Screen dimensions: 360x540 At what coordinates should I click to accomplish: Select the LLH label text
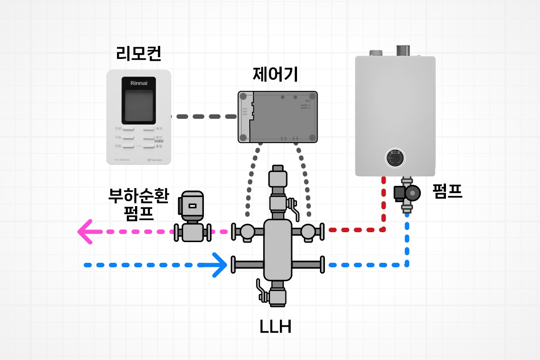pyautogui.click(x=275, y=327)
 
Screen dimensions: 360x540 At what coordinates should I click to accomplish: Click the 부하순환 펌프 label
pyautogui.click(x=138, y=204)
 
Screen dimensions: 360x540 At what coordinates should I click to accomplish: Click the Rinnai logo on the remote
pyautogui.click(x=139, y=83)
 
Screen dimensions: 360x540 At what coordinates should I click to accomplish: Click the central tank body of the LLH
pyautogui.click(x=278, y=250)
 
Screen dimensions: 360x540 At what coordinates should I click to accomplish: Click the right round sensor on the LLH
pyautogui.click(x=308, y=231)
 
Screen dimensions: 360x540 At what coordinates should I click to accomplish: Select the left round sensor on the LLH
pyautogui.click(x=247, y=231)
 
